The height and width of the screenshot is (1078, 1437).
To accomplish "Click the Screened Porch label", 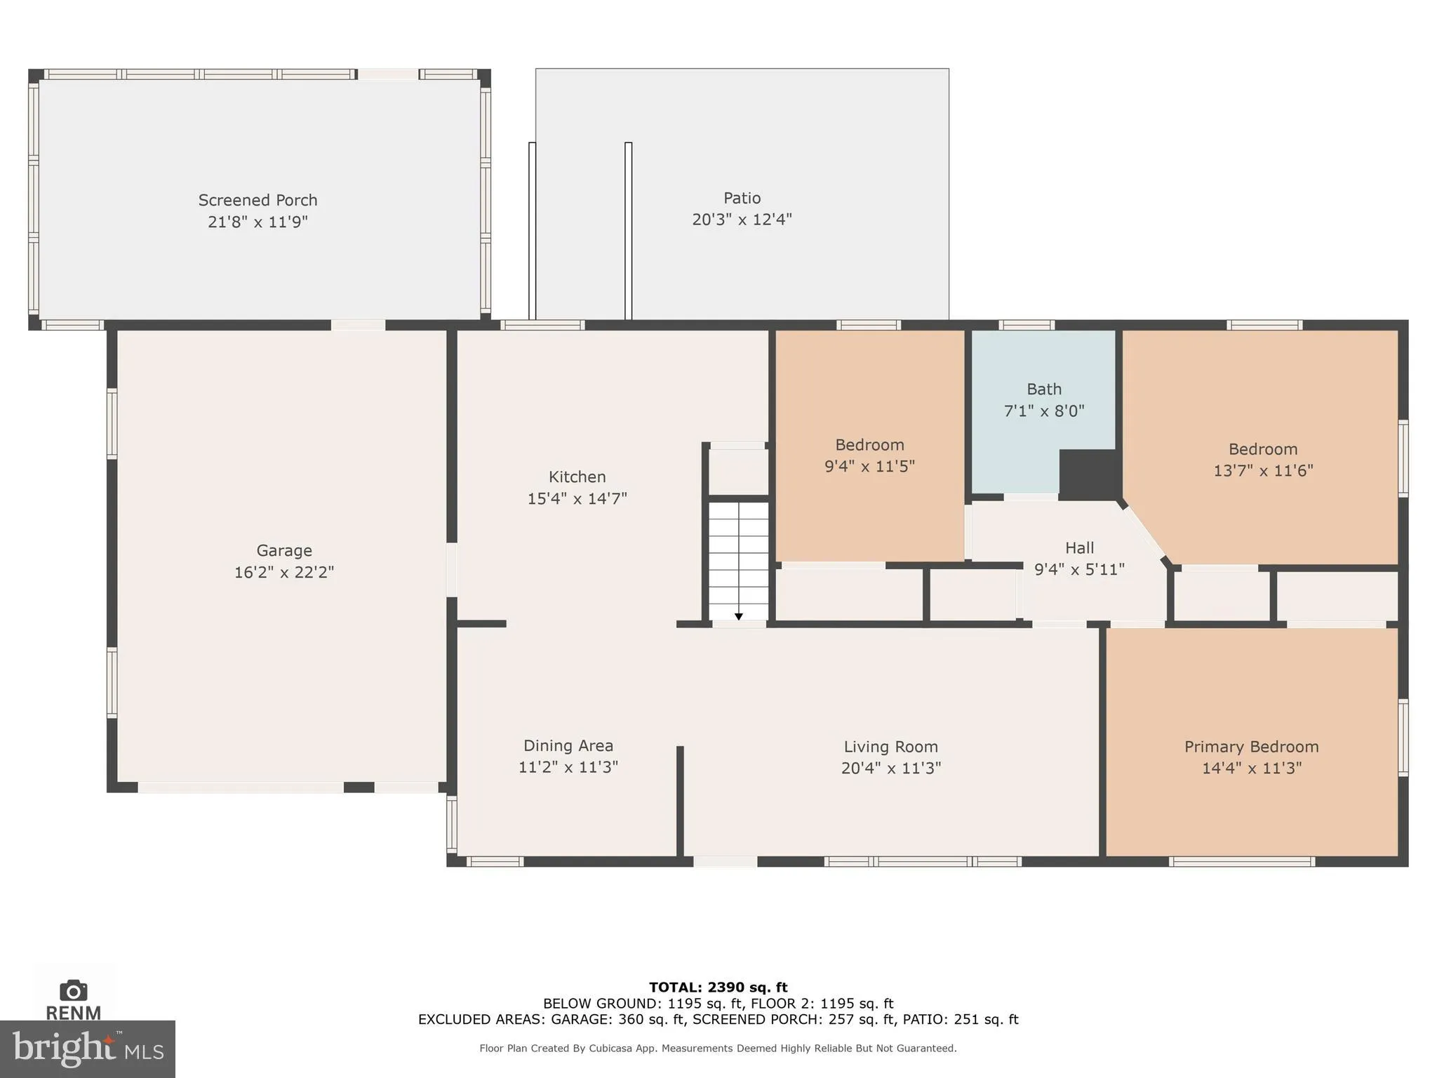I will click(258, 200).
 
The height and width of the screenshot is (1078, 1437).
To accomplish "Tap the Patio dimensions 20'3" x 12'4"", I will click(742, 220).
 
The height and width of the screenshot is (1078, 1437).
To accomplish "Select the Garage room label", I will click(283, 550).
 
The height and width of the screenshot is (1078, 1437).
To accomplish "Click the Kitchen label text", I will click(577, 477).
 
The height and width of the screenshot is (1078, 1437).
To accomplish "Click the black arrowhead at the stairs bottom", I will click(739, 616).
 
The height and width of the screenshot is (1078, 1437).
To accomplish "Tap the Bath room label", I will click(1043, 389).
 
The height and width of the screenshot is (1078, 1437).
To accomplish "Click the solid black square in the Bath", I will click(1086, 474).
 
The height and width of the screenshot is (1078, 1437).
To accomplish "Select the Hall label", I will click(1079, 547).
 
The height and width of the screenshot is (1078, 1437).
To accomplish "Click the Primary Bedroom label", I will click(1251, 747).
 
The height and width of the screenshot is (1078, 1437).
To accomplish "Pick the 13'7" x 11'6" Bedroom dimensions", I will click(1263, 471).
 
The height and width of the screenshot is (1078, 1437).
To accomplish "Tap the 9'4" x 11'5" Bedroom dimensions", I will click(869, 467).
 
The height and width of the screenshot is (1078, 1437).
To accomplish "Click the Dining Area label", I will click(568, 745).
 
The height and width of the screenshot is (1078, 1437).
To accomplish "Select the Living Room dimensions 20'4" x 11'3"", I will click(890, 768).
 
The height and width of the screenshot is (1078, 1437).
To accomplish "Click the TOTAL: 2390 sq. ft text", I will click(718, 987).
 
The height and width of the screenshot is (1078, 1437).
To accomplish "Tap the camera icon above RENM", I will click(73, 990).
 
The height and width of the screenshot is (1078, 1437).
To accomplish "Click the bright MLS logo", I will click(87, 1049).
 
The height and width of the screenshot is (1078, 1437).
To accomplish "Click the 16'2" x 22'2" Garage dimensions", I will click(283, 573).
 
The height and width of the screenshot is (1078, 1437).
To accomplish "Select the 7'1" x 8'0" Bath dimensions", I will click(1043, 411).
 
